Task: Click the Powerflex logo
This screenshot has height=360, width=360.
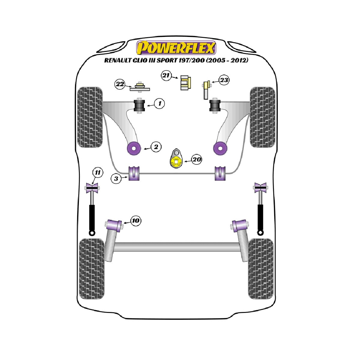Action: pos(176,48)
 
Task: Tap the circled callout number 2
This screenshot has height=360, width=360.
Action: pos(156,147)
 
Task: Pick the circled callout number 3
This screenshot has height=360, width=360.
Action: pos(116,178)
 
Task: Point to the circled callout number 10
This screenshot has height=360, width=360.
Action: pos(136,220)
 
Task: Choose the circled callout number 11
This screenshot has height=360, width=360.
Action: pos(97,173)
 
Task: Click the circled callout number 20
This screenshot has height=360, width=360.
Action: pos(197,159)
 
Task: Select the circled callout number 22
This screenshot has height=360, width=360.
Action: pos(120,84)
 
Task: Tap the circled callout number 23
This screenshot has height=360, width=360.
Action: pos(224,80)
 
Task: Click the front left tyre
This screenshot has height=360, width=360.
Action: pos(90,117)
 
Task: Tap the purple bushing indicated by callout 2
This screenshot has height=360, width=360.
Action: pos(133,148)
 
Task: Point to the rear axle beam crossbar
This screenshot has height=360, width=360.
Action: pos(176,247)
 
